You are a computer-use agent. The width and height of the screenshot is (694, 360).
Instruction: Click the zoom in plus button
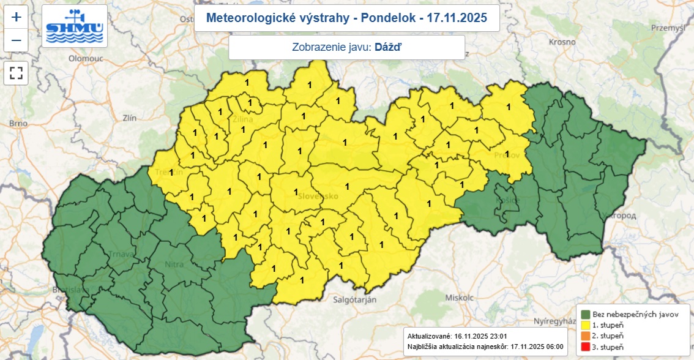click(16, 17)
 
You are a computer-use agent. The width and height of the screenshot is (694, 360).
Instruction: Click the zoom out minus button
click(16, 40)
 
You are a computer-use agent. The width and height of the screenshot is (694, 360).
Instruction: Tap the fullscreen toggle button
click(16, 73)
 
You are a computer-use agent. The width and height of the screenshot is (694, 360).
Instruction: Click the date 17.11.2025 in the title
click(456, 18)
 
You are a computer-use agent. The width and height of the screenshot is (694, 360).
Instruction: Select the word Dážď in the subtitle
click(388, 47)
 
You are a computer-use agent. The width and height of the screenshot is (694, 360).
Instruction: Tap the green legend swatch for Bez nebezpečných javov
click(585, 314)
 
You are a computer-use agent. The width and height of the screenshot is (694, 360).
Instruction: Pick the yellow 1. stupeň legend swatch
click(585, 325)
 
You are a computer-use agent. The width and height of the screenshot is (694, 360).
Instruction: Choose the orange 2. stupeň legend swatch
click(585, 336)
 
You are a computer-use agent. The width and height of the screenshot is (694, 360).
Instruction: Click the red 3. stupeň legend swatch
click(585, 347)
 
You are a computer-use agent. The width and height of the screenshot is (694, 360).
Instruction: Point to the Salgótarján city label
click(354, 299)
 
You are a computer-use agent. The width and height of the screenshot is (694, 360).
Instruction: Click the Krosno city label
click(562, 42)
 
